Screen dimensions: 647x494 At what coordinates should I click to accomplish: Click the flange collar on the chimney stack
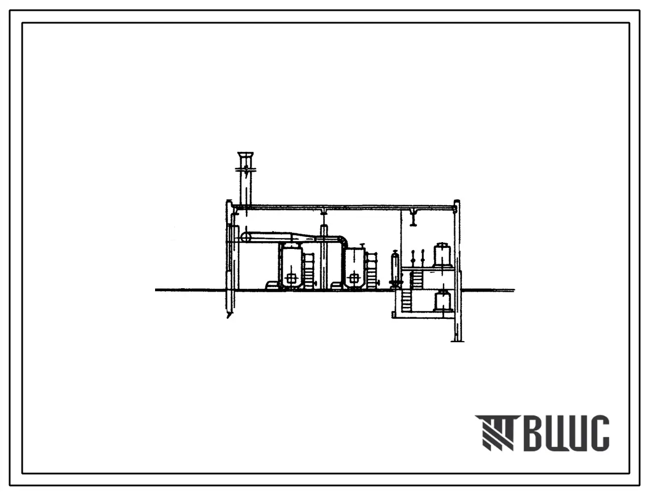246,169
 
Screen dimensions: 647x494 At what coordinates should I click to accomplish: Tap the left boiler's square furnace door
291,279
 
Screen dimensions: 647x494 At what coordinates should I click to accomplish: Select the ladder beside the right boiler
371,269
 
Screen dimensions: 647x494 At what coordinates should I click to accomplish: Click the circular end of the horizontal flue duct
246,237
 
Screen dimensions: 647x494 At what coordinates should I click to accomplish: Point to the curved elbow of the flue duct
343,242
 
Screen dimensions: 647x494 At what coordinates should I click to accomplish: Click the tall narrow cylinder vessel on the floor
395,268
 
